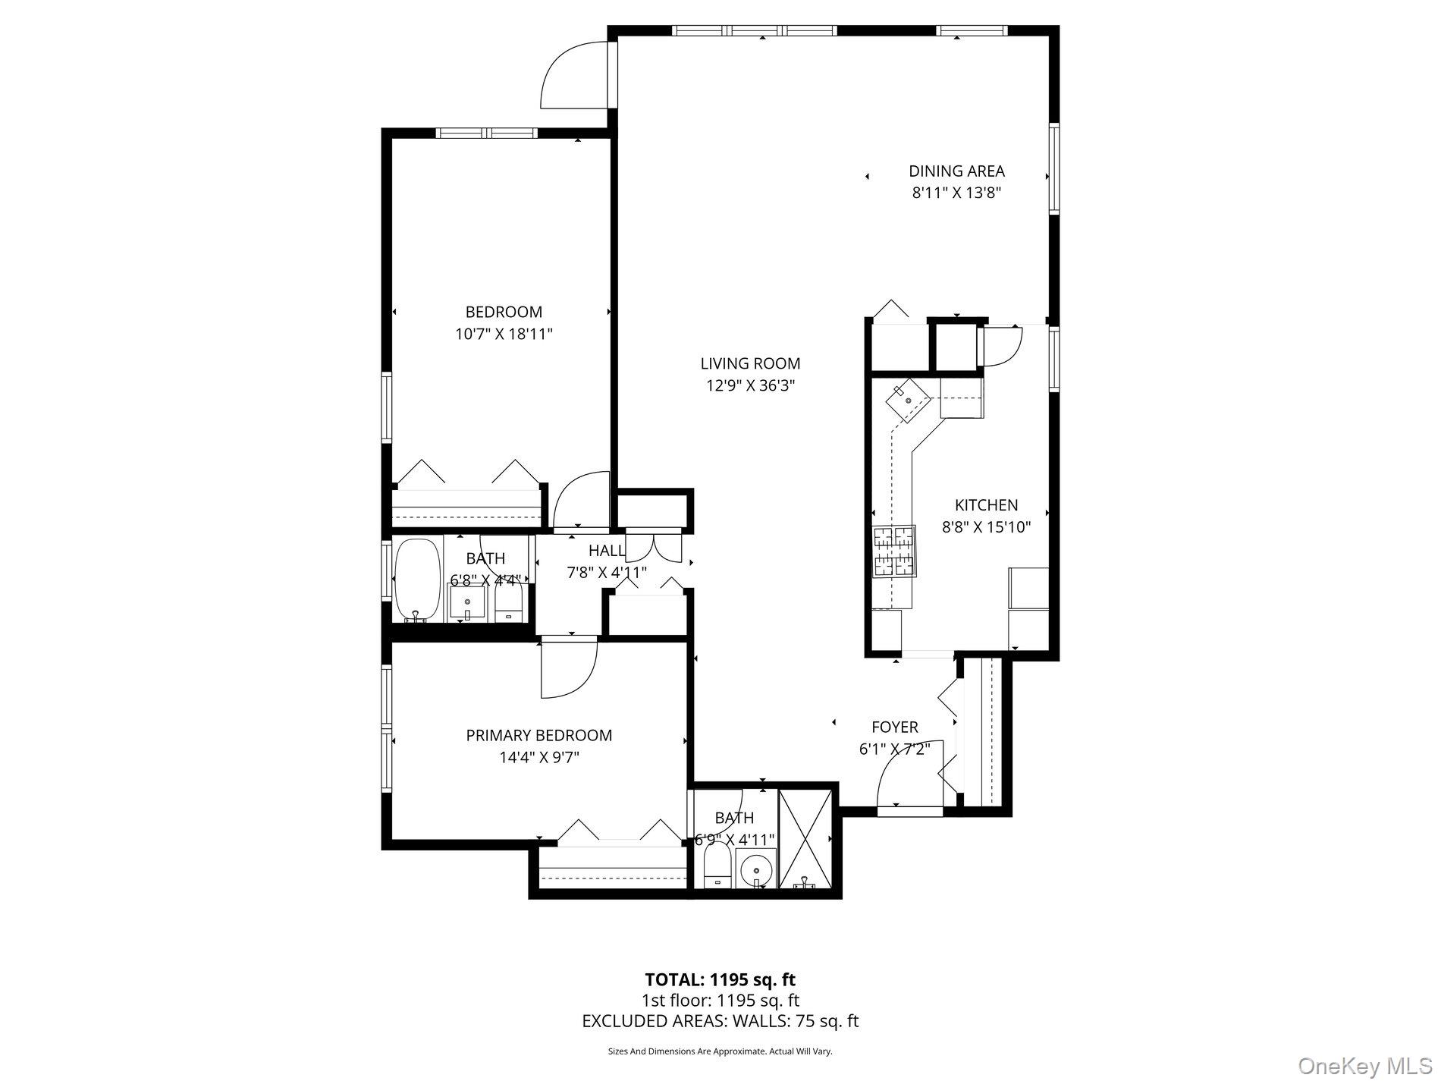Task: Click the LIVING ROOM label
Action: tap(750, 363)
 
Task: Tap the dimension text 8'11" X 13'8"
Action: tap(956, 193)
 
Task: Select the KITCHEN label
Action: tap(986, 505)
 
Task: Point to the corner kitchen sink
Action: tap(908, 399)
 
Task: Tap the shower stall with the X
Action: tap(805, 838)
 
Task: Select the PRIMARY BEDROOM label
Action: tap(538, 735)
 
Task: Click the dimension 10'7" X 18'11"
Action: tap(504, 334)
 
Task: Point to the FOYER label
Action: tap(895, 727)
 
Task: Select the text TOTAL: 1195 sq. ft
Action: tap(720, 979)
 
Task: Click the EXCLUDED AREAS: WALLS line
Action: tap(720, 1021)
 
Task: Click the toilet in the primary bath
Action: tap(717, 869)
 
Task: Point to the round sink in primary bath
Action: tap(755, 869)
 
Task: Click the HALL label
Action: tap(607, 550)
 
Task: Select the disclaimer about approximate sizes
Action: tap(720, 1051)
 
